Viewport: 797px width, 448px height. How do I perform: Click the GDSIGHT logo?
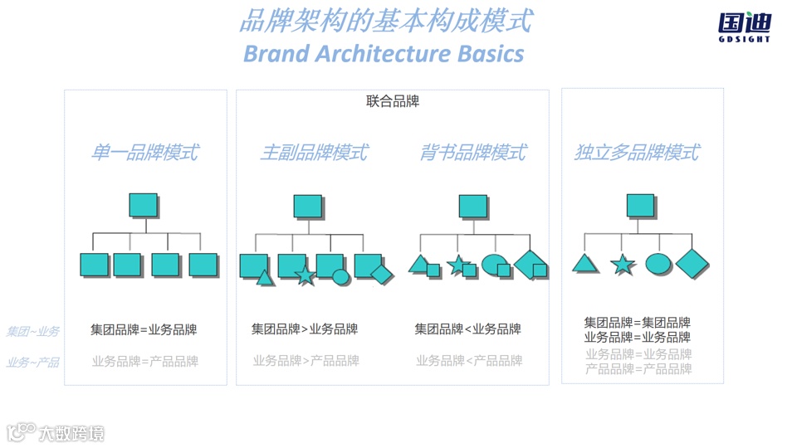point(744,27)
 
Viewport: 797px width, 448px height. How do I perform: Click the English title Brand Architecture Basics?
point(384,53)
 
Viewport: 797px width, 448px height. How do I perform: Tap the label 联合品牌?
point(393,101)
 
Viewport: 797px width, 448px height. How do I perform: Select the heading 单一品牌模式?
point(145,153)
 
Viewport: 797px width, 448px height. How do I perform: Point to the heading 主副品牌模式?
point(314,153)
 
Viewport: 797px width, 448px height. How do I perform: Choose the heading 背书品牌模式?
point(473,153)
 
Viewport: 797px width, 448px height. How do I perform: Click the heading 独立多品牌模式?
point(638,153)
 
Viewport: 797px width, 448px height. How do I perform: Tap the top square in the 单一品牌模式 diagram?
point(144,206)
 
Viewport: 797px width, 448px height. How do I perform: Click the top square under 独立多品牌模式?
point(640,206)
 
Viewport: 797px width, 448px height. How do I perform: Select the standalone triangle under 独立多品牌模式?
point(585,265)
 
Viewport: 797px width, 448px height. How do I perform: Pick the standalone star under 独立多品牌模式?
point(623,265)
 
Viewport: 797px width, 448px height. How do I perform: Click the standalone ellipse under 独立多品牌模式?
point(658,265)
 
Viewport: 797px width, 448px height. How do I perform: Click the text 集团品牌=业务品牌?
point(144,329)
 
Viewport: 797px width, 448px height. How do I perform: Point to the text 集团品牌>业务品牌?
point(305,329)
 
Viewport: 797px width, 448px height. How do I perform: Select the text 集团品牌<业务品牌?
point(467,329)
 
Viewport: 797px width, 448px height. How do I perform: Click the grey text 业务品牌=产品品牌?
point(145,361)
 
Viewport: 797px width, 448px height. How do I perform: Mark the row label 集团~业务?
point(33,332)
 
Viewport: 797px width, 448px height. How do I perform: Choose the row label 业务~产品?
point(33,363)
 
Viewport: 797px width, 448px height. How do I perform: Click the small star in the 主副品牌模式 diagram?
point(306,275)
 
